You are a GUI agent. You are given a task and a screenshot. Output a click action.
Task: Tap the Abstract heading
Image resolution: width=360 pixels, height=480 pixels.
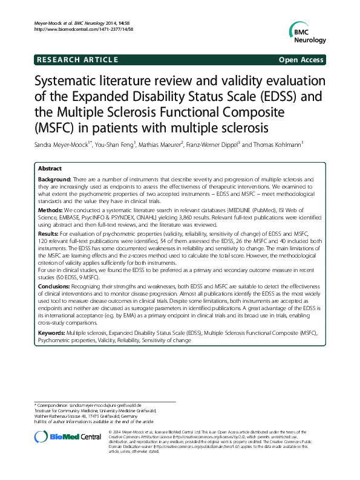coord(50,169)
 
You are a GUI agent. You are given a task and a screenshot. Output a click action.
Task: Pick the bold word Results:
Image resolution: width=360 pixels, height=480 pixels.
coord(48,233)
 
